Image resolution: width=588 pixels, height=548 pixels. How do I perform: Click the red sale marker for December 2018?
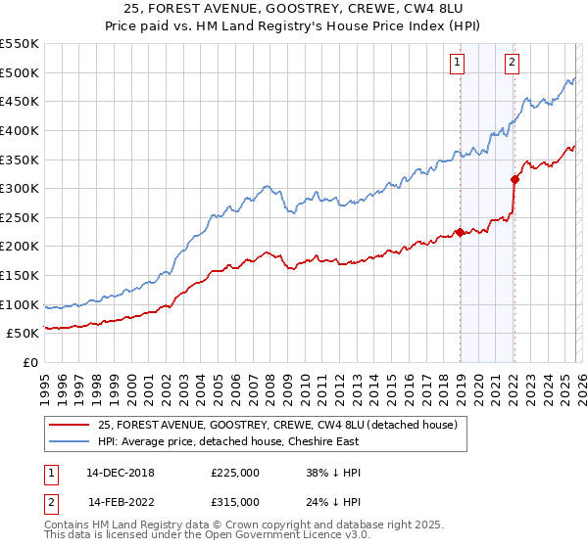pos(459,232)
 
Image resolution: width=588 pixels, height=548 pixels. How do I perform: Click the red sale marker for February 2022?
pos(514,179)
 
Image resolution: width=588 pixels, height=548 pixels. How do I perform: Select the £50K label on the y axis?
pos(23,334)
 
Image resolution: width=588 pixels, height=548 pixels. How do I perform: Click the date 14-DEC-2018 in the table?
pos(121,472)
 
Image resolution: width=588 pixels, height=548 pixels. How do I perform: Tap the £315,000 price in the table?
pos(235,501)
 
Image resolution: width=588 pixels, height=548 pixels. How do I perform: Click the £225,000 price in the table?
pos(235,472)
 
